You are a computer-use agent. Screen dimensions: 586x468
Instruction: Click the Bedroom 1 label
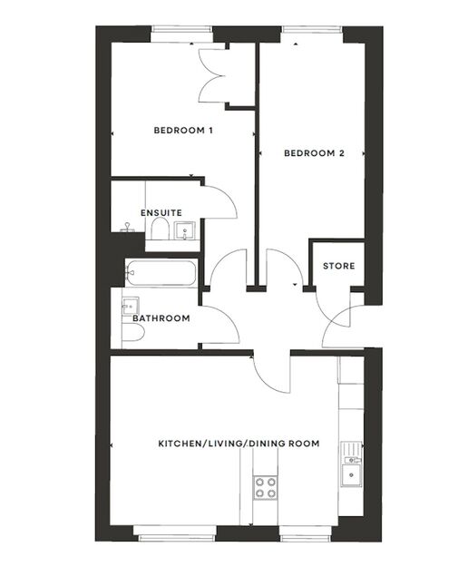[x=183, y=131]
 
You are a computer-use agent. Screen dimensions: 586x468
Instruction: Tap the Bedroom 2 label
[x=314, y=153]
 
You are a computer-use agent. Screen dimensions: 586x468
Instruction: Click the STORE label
[x=339, y=266]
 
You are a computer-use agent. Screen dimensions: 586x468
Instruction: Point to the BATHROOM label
[x=161, y=318]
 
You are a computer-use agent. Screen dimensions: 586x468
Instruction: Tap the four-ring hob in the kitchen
[x=265, y=488]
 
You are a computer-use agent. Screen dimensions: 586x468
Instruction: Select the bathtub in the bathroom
[x=161, y=272]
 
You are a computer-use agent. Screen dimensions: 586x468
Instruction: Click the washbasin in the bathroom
[x=129, y=306]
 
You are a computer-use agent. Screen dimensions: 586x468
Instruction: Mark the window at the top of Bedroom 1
[x=181, y=30]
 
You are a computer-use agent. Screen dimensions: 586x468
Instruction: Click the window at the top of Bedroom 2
[x=310, y=30]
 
